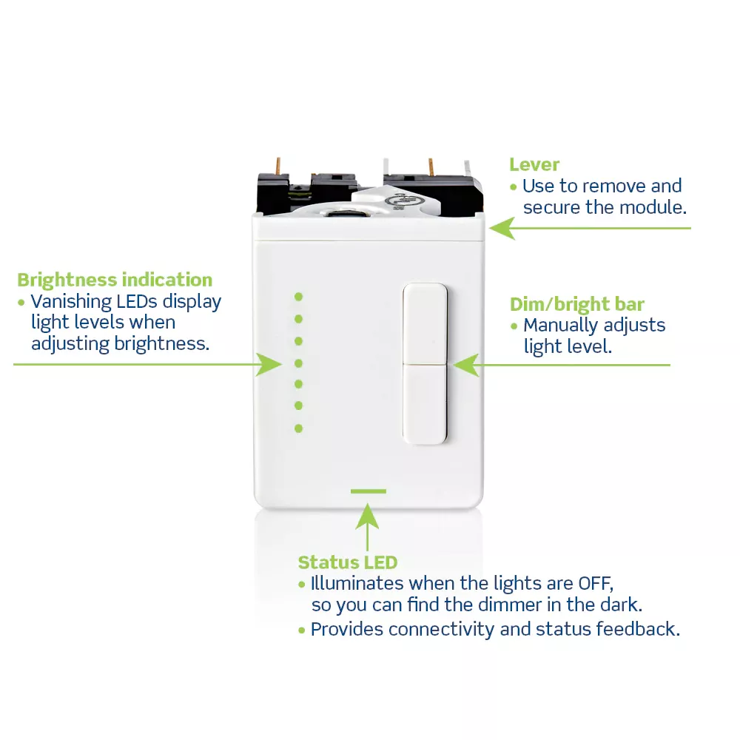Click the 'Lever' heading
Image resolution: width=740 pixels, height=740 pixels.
pyautogui.click(x=534, y=165)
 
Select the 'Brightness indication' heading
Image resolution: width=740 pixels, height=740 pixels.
pyautogui.click(x=115, y=280)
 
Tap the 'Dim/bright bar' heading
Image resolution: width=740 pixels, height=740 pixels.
pyautogui.click(x=576, y=304)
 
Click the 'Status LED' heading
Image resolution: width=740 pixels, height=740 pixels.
pyautogui.click(x=348, y=562)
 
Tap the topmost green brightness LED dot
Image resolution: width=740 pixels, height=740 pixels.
pyautogui.click(x=298, y=297)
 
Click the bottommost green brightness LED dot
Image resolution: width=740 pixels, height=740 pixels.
pyautogui.click(x=298, y=428)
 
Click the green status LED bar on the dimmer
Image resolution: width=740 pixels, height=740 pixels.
pyautogui.click(x=368, y=491)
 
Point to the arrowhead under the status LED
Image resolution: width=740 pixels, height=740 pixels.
pyautogui.click(x=367, y=516)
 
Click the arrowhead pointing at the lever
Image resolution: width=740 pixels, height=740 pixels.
pyautogui.click(x=502, y=229)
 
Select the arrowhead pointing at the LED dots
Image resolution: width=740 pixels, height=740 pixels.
pyautogui.click(x=269, y=364)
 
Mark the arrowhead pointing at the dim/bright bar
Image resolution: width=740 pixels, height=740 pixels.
pyautogui.click(x=466, y=366)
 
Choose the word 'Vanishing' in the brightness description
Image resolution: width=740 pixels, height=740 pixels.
pyautogui.click(x=71, y=302)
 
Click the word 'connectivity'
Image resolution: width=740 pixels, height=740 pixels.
pyautogui.click(x=441, y=630)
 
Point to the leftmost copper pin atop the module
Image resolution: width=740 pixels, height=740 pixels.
pyautogui.click(x=278, y=166)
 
